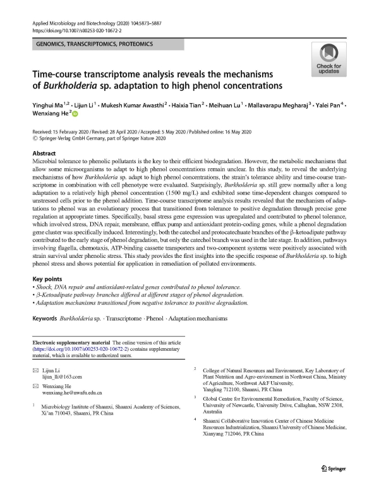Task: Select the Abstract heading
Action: pyautogui.click(x=46, y=154)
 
